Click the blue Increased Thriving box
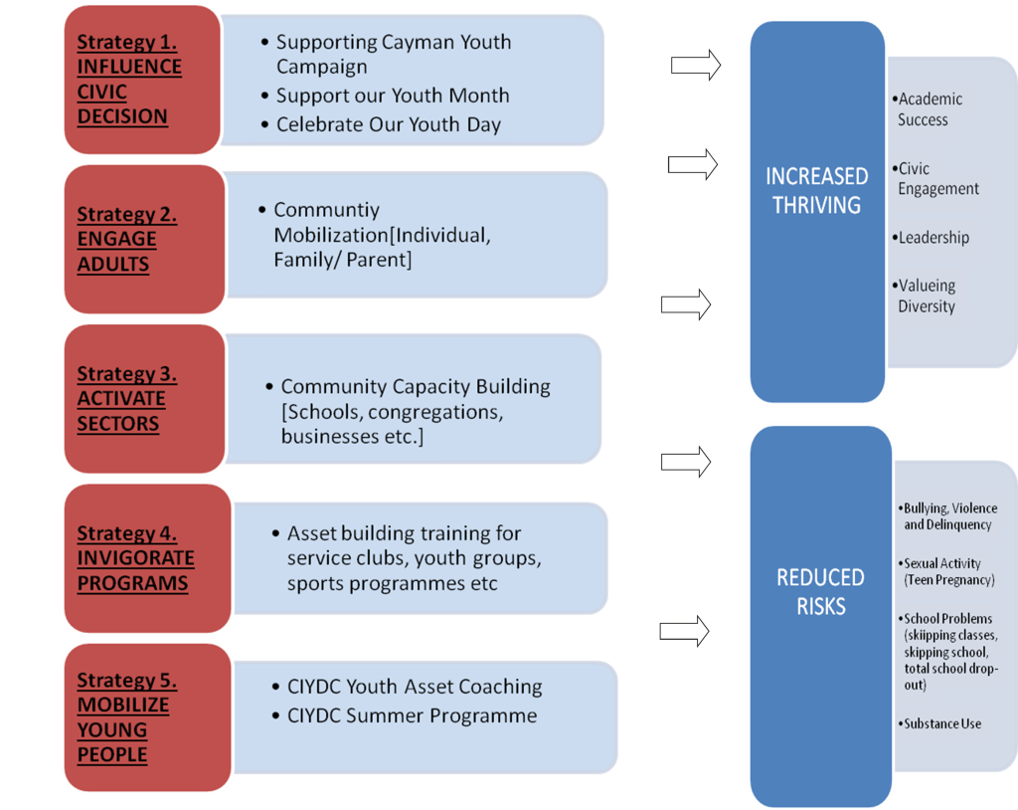tap(816, 211)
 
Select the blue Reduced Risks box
tap(820, 614)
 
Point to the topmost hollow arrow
tap(695, 66)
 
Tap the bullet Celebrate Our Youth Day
tap(388, 125)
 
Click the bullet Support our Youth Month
tap(392, 97)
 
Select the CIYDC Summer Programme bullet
tap(412, 716)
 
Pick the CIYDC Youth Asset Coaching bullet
tap(415, 688)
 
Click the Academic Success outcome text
tap(930, 109)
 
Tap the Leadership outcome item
tap(933, 238)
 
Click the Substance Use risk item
tap(941, 723)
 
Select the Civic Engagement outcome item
tap(937, 179)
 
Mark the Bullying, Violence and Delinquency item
tap(949, 516)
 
